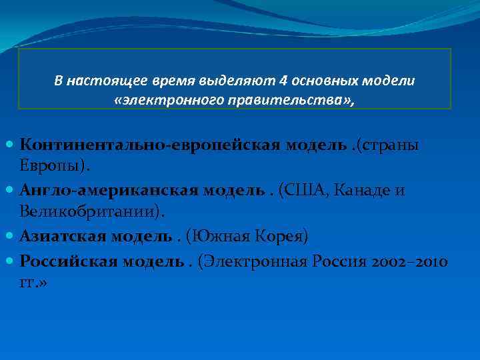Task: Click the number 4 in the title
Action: pyautogui.click(x=285, y=81)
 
